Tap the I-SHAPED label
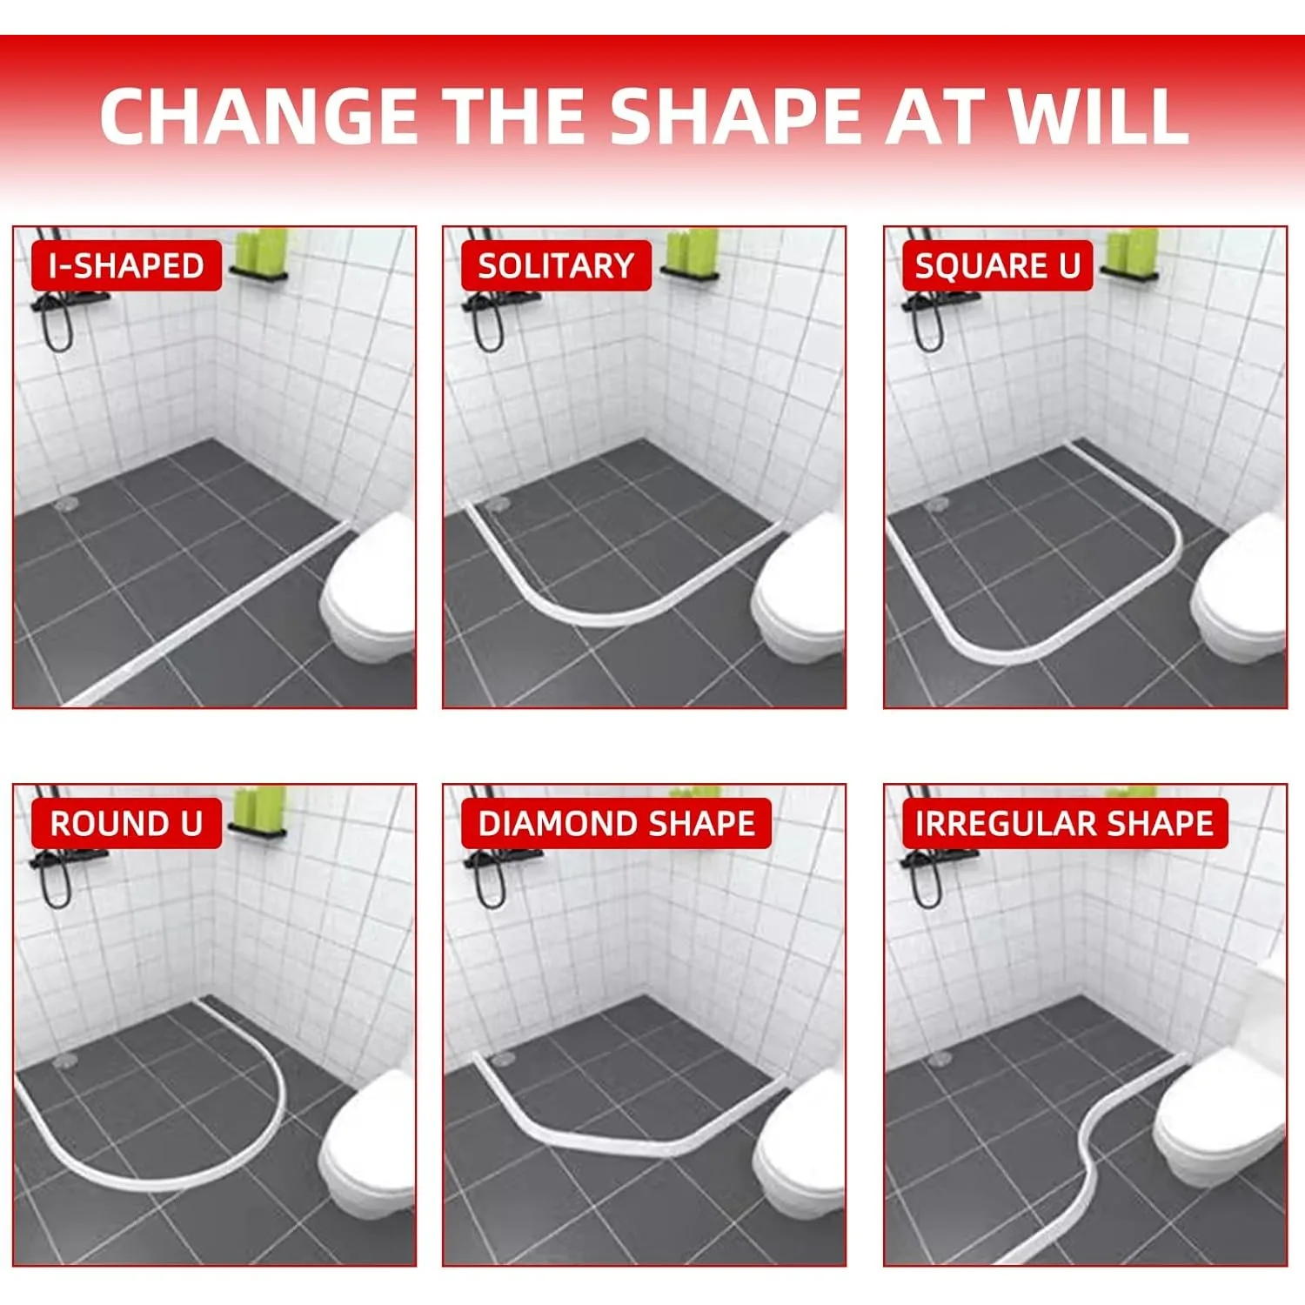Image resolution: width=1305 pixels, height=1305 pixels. pyautogui.click(x=126, y=265)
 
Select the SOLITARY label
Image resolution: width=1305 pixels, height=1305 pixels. pyautogui.click(x=556, y=265)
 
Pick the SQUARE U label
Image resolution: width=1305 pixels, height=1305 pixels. pyautogui.click(x=997, y=265)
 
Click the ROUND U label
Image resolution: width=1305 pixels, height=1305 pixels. pyautogui.click(x=126, y=823)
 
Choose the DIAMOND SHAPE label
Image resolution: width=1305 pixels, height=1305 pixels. pyautogui.click(x=616, y=823)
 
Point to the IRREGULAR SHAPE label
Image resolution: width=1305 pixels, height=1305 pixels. pyautogui.click(x=1064, y=823)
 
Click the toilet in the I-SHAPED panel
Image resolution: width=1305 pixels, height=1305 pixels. pyautogui.click(x=370, y=592)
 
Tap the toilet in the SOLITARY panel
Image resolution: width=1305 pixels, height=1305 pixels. pyautogui.click(x=800, y=592)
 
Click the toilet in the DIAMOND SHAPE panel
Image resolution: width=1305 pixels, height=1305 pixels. pyautogui.click(x=800, y=1148)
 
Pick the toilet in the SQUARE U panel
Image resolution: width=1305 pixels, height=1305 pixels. pyautogui.click(x=1240, y=592)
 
